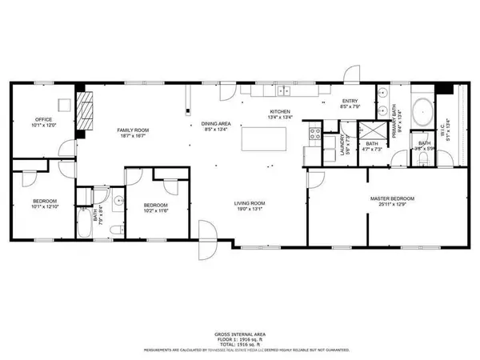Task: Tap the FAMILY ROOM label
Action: click(110, 130)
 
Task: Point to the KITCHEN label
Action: click(279, 111)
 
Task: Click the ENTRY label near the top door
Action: click(350, 99)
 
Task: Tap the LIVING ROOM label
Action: click(250, 203)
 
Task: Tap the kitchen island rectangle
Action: click(257, 140)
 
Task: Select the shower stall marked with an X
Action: click(370, 130)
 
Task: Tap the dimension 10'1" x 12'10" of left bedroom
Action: click(45, 205)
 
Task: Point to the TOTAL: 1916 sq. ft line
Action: click(239, 343)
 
